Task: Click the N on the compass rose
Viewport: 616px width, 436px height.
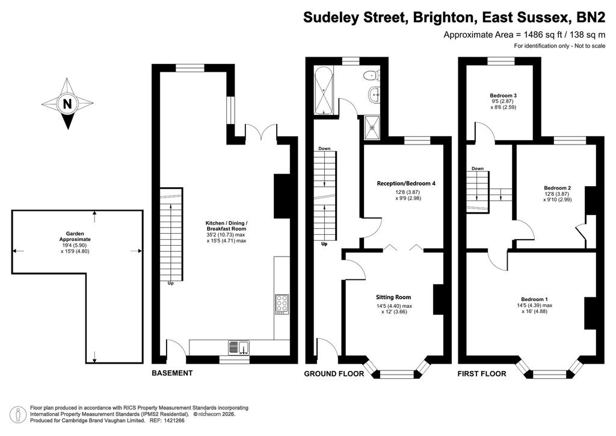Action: click(67, 104)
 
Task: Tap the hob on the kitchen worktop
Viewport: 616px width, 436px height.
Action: click(282, 304)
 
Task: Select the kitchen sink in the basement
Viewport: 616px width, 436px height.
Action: click(239, 348)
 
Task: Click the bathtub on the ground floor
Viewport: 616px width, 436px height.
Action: click(324, 90)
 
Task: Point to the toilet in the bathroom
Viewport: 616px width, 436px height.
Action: click(372, 75)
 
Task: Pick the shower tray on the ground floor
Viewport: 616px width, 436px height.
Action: click(372, 128)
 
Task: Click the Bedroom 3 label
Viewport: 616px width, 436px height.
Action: click(504, 96)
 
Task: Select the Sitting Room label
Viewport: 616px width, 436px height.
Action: click(393, 297)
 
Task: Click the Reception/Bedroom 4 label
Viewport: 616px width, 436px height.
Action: click(406, 183)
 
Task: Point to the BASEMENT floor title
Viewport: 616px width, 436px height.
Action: click(172, 373)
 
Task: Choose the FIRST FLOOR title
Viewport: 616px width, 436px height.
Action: click(482, 374)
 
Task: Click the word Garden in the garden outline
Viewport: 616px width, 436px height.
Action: click(75, 234)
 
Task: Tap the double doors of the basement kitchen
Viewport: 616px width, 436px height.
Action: click(261, 132)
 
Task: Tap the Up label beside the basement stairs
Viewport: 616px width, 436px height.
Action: click(170, 283)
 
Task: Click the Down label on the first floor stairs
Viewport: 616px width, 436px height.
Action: click(478, 168)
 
